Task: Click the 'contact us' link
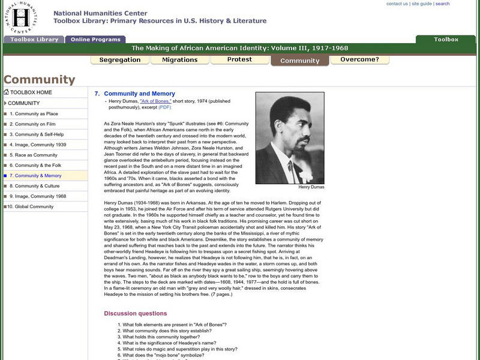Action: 397,4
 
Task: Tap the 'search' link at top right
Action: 442,4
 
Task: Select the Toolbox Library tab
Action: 34,40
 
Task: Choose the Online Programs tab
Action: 94,40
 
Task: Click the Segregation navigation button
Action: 120,60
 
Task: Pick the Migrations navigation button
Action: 179,60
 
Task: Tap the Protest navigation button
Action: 239,60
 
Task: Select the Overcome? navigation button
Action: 359,60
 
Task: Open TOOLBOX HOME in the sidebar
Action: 31,92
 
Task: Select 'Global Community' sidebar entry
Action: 31,206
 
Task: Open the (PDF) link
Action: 164,107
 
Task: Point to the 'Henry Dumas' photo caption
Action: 311,187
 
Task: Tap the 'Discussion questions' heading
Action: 136,313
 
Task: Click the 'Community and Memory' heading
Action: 139,94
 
